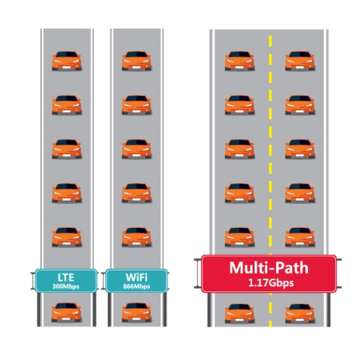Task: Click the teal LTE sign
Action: tap(66, 281)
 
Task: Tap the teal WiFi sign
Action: tap(137, 281)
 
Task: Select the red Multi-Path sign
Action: tap(269, 274)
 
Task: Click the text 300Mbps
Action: tap(66, 286)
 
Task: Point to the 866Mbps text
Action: tap(137, 286)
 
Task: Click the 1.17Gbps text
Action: tap(271, 283)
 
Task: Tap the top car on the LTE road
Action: tap(67, 61)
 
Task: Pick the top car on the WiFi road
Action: tap(137, 61)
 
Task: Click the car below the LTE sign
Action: tap(66, 312)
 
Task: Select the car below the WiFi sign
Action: tap(137, 312)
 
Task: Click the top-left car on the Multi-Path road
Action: tap(239, 61)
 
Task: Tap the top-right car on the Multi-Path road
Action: tap(300, 61)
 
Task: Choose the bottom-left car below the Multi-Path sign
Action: tap(239, 313)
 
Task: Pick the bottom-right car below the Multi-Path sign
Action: tap(300, 313)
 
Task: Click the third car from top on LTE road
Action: tap(67, 149)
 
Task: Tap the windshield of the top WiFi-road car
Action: tap(137, 55)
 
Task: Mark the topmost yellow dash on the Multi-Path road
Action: tap(271, 41)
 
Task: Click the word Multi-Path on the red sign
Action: tap(269, 268)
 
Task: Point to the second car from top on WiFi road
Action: tap(137, 105)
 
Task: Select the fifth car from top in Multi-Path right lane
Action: tap(300, 237)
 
